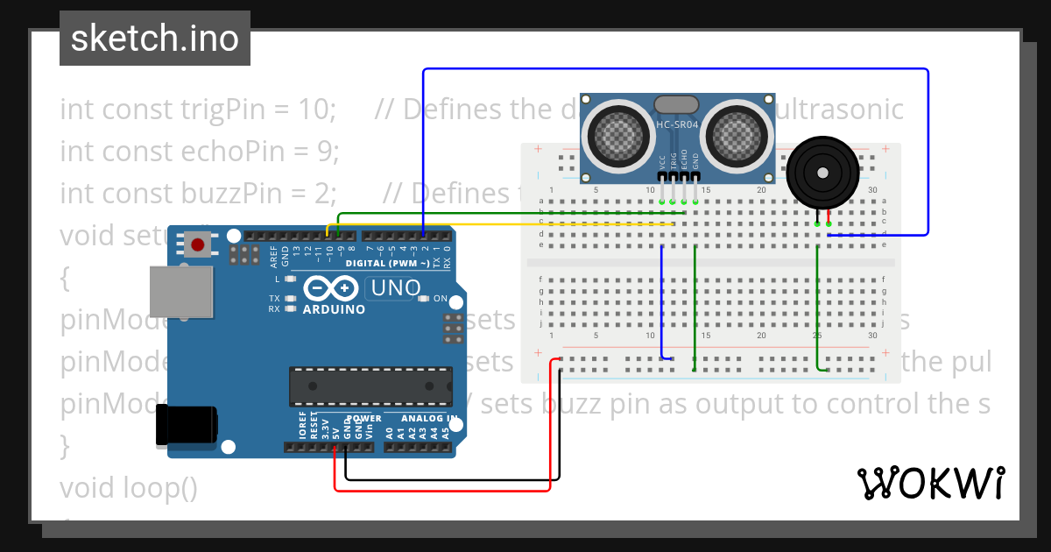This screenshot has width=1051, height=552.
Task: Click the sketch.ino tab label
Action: pyautogui.click(x=154, y=39)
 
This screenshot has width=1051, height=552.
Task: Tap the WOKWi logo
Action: pyautogui.click(x=929, y=483)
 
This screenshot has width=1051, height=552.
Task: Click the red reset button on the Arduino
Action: pyautogui.click(x=198, y=244)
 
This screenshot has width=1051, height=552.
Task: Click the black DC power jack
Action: pyautogui.click(x=186, y=427)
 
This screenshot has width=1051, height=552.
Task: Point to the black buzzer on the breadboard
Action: pyautogui.click(x=821, y=174)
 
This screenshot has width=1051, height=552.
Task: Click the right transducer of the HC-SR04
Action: pyautogui.click(x=739, y=132)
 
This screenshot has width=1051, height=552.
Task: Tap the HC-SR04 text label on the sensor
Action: pyautogui.click(x=678, y=125)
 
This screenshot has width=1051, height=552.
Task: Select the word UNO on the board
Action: pyautogui.click(x=396, y=287)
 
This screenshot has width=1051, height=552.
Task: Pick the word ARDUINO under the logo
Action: pyautogui.click(x=334, y=309)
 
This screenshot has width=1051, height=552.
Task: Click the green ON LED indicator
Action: pyautogui.click(x=425, y=299)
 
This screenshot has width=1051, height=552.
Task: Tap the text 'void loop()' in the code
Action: pyautogui.click(x=129, y=487)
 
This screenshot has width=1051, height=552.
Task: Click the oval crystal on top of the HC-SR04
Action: pyautogui.click(x=676, y=104)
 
